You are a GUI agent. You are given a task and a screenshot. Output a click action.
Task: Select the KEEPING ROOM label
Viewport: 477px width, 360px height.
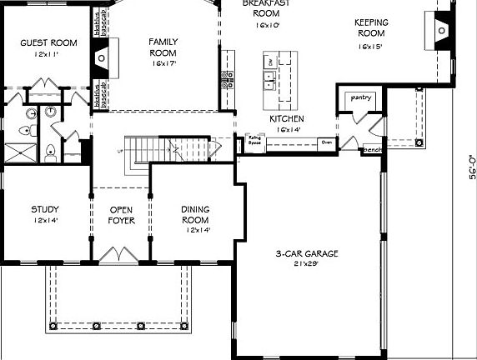coord(374,27)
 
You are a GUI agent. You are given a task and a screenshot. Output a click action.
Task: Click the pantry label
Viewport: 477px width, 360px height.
coord(359,97)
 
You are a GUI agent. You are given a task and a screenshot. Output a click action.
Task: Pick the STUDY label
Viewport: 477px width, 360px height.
coord(45,209)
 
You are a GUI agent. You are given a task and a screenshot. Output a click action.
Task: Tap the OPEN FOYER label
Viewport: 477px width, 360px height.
coord(121,215)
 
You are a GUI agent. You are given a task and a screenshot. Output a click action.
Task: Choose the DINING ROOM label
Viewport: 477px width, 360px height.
coord(195,214)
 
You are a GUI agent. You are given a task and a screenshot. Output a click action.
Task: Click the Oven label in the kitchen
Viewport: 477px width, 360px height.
coord(326,142)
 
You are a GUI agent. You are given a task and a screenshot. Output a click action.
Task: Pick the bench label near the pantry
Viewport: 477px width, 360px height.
coord(371,150)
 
